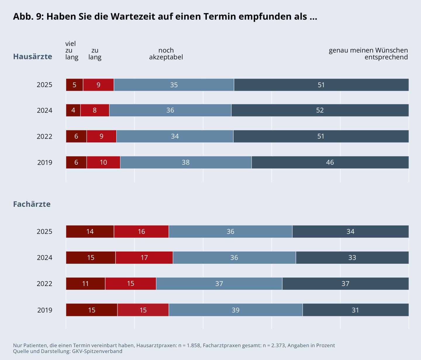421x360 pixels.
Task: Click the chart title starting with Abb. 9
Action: click(x=165, y=17)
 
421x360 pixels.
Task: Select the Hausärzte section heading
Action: click(x=32, y=56)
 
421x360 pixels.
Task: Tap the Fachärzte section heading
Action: click(x=32, y=204)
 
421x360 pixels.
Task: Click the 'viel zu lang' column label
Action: click(x=71, y=50)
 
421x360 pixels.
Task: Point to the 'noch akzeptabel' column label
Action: click(x=166, y=54)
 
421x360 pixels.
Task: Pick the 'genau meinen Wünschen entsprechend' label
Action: click(x=368, y=54)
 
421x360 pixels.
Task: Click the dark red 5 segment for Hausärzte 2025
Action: click(x=75, y=85)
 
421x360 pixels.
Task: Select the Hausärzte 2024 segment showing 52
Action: click(x=320, y=110)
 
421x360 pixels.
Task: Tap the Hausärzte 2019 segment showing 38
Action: click(x=186, y=162)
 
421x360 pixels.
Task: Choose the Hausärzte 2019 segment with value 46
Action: click(x=330, y=162)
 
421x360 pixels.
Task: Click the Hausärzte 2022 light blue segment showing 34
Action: click(x=175, y=136)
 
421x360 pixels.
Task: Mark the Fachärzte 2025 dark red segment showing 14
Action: click(x=90, y=232)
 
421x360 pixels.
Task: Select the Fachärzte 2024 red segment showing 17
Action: click(x=144, y=258)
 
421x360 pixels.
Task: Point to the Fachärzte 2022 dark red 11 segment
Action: click(x=85, y=284)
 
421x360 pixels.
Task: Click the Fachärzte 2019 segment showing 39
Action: click(x=235, y=310)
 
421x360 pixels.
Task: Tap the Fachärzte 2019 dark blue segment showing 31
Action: click(x=355, y=310)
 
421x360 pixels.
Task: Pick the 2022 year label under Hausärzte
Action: click(x=44, y=136)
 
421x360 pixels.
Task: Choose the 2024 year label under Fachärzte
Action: click(x=44, y=258)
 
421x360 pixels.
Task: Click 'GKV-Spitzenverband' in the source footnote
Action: click(x=97, y=351)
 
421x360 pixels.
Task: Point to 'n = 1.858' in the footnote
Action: click(x=189, y=345)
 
